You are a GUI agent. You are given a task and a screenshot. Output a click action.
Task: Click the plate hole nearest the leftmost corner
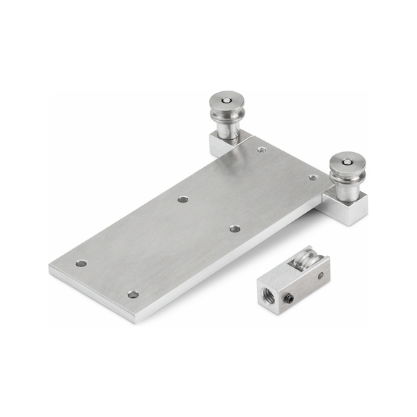pos(81,264)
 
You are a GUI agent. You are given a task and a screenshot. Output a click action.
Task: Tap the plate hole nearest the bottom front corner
pos(133,295)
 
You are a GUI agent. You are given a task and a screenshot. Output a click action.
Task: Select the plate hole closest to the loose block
pos(235,229)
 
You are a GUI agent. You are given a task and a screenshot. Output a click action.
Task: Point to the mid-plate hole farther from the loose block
pos(183,199)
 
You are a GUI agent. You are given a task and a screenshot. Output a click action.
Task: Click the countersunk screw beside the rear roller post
pos(261,150)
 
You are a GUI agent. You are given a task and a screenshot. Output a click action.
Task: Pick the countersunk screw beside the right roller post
pos(313,177)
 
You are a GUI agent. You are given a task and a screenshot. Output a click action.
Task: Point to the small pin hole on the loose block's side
pos(321,275)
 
